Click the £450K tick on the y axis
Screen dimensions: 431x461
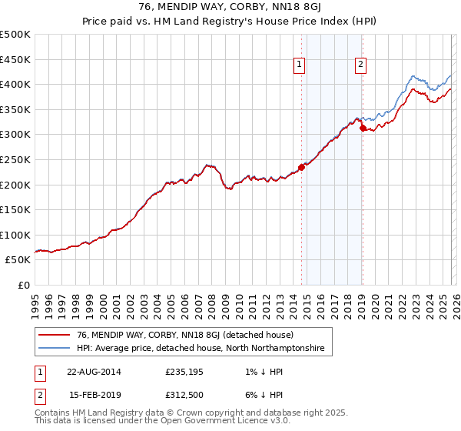[15, 59]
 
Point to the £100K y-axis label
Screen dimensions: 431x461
[15, 235]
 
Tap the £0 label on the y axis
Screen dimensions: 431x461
[25, 285]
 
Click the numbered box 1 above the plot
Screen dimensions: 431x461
[299, 65]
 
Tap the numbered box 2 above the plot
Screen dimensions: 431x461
[360, 65]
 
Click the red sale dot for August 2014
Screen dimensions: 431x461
[301, 167]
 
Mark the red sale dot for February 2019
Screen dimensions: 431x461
[362, 129]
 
